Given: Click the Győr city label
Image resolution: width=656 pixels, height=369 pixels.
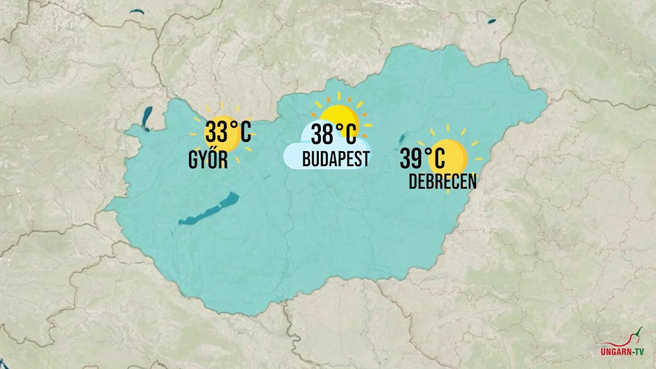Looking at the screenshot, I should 208,161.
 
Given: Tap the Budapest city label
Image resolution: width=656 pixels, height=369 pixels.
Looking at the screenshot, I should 336,159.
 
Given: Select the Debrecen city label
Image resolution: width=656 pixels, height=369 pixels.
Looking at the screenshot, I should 442,182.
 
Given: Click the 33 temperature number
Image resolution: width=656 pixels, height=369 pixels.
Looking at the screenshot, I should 216,133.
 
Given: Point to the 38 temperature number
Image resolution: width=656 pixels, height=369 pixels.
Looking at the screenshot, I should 322,135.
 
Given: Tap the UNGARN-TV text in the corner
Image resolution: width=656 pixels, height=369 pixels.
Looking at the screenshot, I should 622,352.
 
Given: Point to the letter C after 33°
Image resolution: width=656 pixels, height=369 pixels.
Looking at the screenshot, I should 245,133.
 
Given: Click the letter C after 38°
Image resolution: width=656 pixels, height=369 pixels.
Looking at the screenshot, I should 350,135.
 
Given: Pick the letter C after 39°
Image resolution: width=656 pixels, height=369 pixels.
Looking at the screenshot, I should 438,158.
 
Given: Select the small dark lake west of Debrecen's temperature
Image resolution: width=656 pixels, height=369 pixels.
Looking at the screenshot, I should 402,137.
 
